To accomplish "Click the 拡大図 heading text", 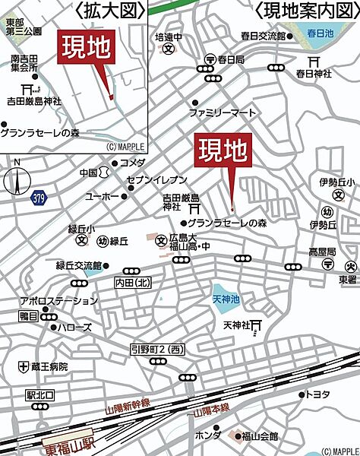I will click(x=110, y=10).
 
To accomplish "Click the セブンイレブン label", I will click(x=156, y=179).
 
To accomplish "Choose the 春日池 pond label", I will click(x=322, y=34).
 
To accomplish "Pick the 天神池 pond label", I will click(x=226, y=287).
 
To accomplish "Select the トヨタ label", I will click(x=316, y=394).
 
